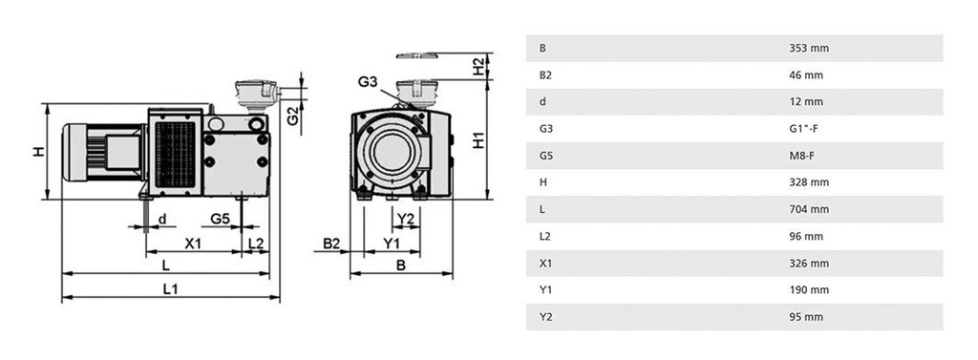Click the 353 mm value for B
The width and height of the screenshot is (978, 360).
pos(808,48)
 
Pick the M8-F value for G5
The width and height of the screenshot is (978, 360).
pos(803,156)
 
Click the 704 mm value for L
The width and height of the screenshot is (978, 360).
pos(808,209)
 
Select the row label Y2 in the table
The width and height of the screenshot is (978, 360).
pos(545,317)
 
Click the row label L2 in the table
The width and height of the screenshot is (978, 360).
pos(545,236)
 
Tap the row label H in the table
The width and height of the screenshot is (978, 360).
pos(542,182)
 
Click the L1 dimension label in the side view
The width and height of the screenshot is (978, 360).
pos(170,289)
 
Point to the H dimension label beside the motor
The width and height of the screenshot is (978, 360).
pos(39,152)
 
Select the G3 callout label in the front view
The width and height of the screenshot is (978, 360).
pos(369,82)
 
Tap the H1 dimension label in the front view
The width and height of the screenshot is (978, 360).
pos(479,138)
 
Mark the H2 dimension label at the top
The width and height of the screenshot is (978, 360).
pos(478,66)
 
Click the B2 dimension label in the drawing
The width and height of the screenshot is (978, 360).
pos(331,244)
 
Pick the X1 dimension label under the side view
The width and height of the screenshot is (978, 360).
pos(193,244)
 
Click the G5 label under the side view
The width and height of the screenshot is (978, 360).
pos(220,219)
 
